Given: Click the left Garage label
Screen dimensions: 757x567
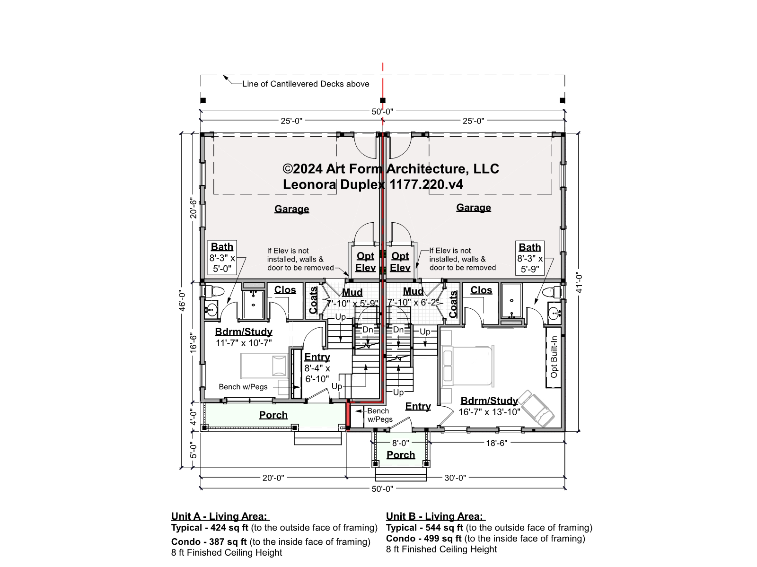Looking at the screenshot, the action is coord(291,209).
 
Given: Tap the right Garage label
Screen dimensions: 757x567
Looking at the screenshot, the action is coord(474,208).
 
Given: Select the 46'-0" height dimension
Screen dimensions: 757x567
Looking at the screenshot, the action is coord(183,301).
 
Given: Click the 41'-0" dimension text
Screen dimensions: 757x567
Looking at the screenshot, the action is coord(579,283).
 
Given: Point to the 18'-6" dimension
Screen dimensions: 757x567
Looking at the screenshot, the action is coord(497,443).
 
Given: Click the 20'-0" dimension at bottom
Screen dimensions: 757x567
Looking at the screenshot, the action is coord(273,478).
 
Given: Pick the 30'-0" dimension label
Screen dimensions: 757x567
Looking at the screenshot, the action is coord(455,478).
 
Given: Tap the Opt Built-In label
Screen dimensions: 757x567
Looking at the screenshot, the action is coord(554,357).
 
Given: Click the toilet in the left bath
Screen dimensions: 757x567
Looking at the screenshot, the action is coord(214,292).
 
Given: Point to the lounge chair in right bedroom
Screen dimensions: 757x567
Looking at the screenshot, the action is coord(536,409).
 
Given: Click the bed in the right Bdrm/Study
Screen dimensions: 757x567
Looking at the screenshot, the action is coord(468,366).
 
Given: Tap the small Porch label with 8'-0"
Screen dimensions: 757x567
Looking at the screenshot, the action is coord(400,455).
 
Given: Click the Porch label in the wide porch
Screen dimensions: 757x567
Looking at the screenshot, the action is coord(273,415).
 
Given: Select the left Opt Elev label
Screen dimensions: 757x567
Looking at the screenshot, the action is coord(366,262).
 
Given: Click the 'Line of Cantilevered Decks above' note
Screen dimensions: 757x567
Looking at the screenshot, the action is coord(306,84).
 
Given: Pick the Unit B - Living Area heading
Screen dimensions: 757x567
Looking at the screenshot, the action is coord(436,516).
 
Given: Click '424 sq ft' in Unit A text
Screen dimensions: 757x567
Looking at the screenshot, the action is coord(229,528).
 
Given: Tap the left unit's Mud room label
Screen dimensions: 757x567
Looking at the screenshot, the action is coord(352,292).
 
